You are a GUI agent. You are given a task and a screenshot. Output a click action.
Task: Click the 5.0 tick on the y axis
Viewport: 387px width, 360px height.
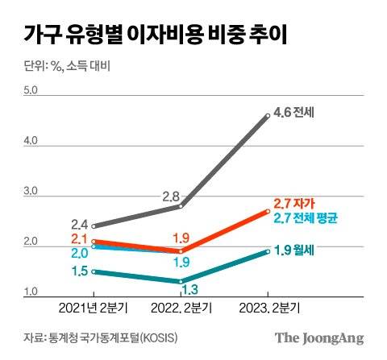coord(31,91)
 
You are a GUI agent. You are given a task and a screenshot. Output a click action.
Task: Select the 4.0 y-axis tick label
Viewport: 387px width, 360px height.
coord(31,142)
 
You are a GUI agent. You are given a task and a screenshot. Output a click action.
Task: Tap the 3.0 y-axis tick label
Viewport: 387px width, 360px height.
coord(31,192)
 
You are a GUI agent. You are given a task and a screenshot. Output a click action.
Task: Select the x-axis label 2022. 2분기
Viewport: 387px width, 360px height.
coord(181,308)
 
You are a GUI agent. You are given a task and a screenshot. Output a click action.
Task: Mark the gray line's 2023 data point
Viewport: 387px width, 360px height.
coord(268,116)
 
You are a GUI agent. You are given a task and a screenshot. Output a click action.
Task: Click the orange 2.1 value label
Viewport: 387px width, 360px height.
coord(80,239)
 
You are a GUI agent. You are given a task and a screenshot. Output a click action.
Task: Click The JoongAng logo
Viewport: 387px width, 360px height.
coord(319,337)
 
